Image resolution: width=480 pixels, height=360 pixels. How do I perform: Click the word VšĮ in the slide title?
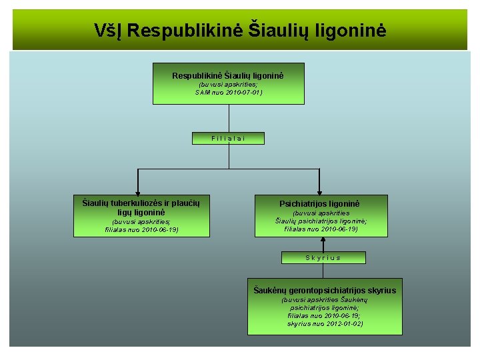(x=107, y=31)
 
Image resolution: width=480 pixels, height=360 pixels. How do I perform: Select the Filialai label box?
(x=228, y=138)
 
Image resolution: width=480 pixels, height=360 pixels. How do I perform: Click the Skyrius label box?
(x=323, y=257)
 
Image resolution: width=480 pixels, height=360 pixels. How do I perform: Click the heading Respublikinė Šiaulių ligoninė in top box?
(x=228, y=76)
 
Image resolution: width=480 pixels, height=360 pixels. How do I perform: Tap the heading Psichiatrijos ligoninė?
(x=320, y=203)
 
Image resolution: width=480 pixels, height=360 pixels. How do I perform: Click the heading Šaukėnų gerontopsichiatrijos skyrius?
(x=325, y=290)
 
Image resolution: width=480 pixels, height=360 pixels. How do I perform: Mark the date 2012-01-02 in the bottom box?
(x=341, y=323)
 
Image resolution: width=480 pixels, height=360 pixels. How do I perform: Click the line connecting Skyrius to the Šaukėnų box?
(x=323, y=270)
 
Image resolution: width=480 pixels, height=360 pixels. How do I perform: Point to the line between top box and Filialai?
(x=229, y=119)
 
